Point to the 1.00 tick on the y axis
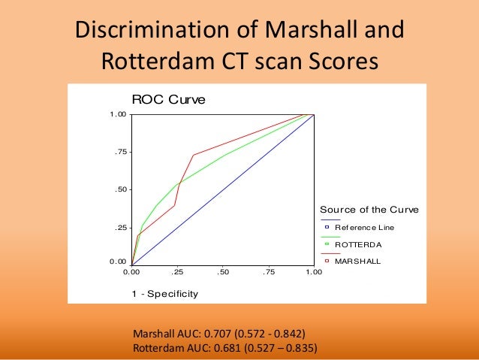(x=117, y=114)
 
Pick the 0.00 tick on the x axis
(x=132, y=272)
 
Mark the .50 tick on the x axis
(x=223, y=272)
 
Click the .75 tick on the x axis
(x=268, y=272)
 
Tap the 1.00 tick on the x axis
(x=313, y=272)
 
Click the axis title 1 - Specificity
(x=165, y=293)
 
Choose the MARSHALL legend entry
(x=357, y=262)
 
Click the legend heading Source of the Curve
(x=369, y=209)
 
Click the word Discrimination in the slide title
(x=146, y=31)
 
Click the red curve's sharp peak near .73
(x=194, y=155)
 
